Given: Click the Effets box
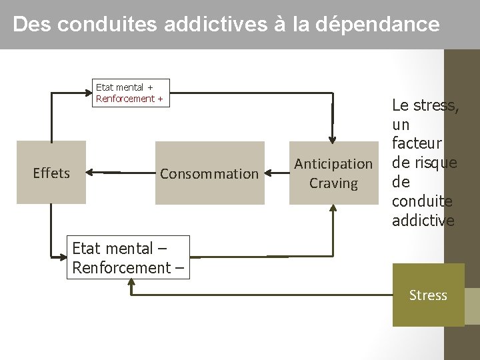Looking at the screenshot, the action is pyautogui.click(x=51, y=173).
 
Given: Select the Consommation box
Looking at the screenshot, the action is pyautogui.click(x=209, y=173).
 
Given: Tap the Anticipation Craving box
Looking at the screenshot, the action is pyautogui.click(x=333, y=173).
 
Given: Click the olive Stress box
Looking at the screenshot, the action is pyautogui.click(x=428, y=295).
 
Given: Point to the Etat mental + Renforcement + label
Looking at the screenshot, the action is pyautogui.click(x=129, y=93).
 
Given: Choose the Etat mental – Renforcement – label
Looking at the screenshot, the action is pyautogui.click(x=129, y=257).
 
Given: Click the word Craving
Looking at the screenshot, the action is pyautogui.click(x=333, y=183).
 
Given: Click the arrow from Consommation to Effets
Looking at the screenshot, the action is pyautogui.click(x=120, y=173).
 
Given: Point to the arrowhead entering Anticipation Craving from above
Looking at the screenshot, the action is pyautogui.click(x=333, y=136).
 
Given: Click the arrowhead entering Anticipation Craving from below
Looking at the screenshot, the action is pyautogui.click(x=333, y=209).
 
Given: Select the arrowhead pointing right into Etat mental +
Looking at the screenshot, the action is pyautogui.click(x=87, y=93).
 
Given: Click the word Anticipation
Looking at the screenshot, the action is pyautogui.click(x=333, y=164).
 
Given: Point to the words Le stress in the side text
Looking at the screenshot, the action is pyautogui.click(x=425, y=105).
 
